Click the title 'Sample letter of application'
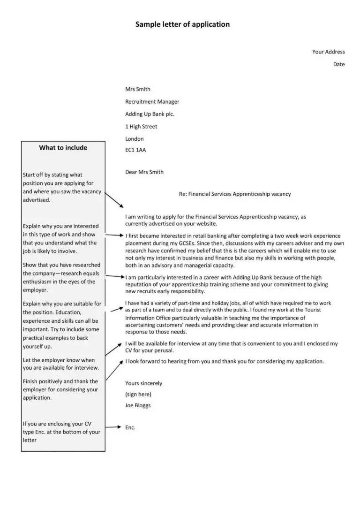182,24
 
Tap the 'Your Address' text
328,52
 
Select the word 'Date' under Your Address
339,64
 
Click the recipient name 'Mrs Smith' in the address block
138,89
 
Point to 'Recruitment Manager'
152,101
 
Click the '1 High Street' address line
141,127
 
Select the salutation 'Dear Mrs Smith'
144,172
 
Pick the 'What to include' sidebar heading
63,148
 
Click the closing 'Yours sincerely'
143,383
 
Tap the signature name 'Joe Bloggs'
138,405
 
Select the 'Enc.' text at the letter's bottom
130,427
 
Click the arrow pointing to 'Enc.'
112,427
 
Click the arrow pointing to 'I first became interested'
114,235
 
